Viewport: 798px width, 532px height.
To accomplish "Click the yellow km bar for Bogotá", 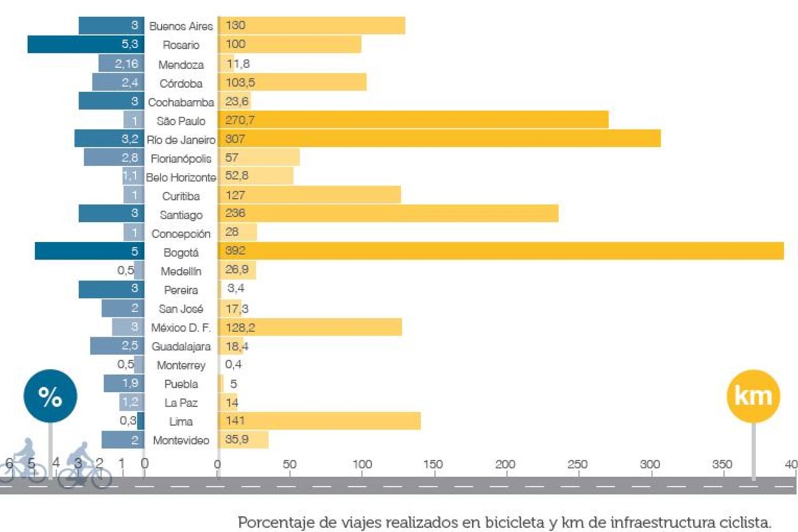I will (499, 251).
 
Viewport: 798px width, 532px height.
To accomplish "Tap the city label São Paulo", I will (181, 121).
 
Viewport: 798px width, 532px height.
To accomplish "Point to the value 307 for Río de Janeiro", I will (235, 139).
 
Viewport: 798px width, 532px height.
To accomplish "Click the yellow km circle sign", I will (753, 396).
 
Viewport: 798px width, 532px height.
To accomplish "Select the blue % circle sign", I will (50, 396).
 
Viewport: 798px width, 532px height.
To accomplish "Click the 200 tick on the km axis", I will (505, 464).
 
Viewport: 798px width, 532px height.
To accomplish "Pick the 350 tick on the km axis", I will (722, 464).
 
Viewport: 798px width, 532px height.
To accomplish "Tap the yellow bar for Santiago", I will (388, 213).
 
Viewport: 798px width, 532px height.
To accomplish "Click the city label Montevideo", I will (181, 441).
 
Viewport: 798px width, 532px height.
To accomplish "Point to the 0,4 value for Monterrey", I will (233, 365).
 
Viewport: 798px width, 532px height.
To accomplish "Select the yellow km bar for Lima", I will (319, 421).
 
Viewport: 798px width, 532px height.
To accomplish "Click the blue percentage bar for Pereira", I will (111, 289).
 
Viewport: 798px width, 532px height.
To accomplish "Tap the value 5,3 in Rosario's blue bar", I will (130, 44).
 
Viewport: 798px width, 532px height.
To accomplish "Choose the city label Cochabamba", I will (181, 103).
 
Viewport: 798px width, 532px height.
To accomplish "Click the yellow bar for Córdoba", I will (292, 82).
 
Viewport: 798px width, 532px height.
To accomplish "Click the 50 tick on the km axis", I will (289, 464).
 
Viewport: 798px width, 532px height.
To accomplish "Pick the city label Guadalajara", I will (181, 346).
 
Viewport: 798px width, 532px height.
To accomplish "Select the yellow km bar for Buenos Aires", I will (311, 25).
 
